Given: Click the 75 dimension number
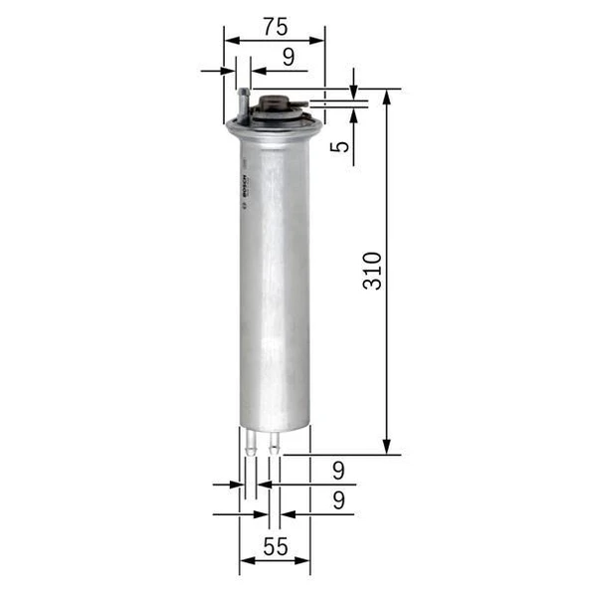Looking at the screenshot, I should (276, 24).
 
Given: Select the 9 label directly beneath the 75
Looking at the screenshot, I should (288, 57).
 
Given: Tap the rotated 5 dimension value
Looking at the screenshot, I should (340, 146).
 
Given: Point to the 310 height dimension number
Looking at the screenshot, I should (372, 271).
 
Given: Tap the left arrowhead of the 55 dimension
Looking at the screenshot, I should (245, 561).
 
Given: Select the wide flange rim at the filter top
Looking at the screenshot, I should (267, 126).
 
